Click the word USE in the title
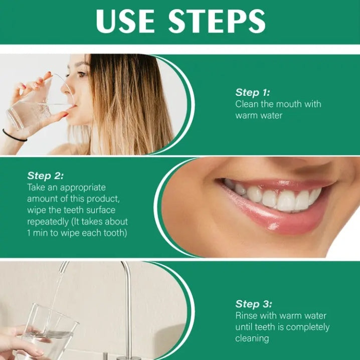pyautogui.click(x=126, y=21)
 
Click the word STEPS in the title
pyautogui.click(x=217, y=21)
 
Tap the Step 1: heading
pyautogui.click(x=253, y=92)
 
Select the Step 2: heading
pyautogui.click(x=46, y=175)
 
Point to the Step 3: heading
pyautogui.click(x=253, y=304)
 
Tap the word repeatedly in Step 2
pyautogui.click(x=49, y=222)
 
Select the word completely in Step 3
pyautogui.click(x=309, y=327)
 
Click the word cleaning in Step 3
pyautogui.click(x=252, y=338)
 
